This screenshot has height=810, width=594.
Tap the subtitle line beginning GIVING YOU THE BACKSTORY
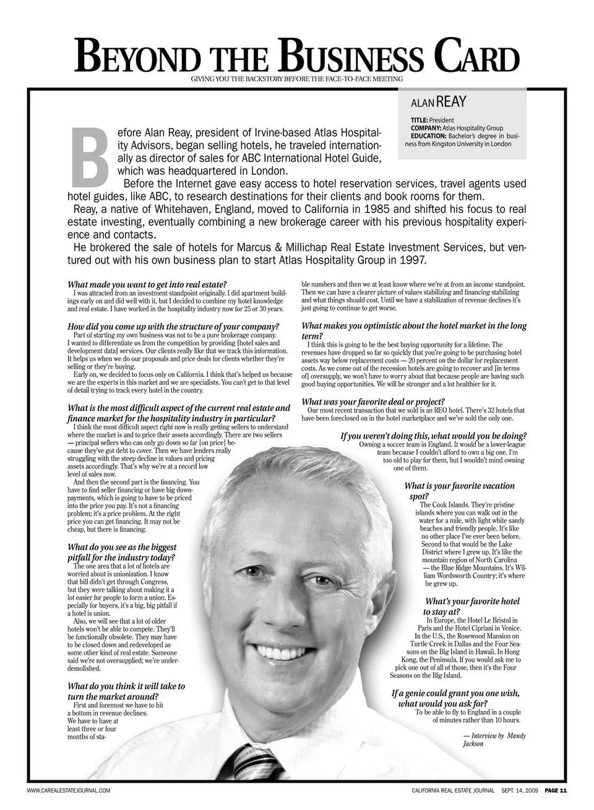click(x=296, y=79)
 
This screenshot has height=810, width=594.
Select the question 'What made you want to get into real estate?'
click(x=147, y=285)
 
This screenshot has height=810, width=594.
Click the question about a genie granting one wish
click(x=455, y=698)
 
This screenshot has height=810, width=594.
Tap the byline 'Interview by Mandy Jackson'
click(x=494, y=739)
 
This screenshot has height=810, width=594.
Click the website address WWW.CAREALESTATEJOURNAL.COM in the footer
click(x=69, y=790)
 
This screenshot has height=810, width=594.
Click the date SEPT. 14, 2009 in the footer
click(x=520, y=790)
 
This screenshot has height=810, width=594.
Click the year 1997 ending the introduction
click(x=412, y=261)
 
